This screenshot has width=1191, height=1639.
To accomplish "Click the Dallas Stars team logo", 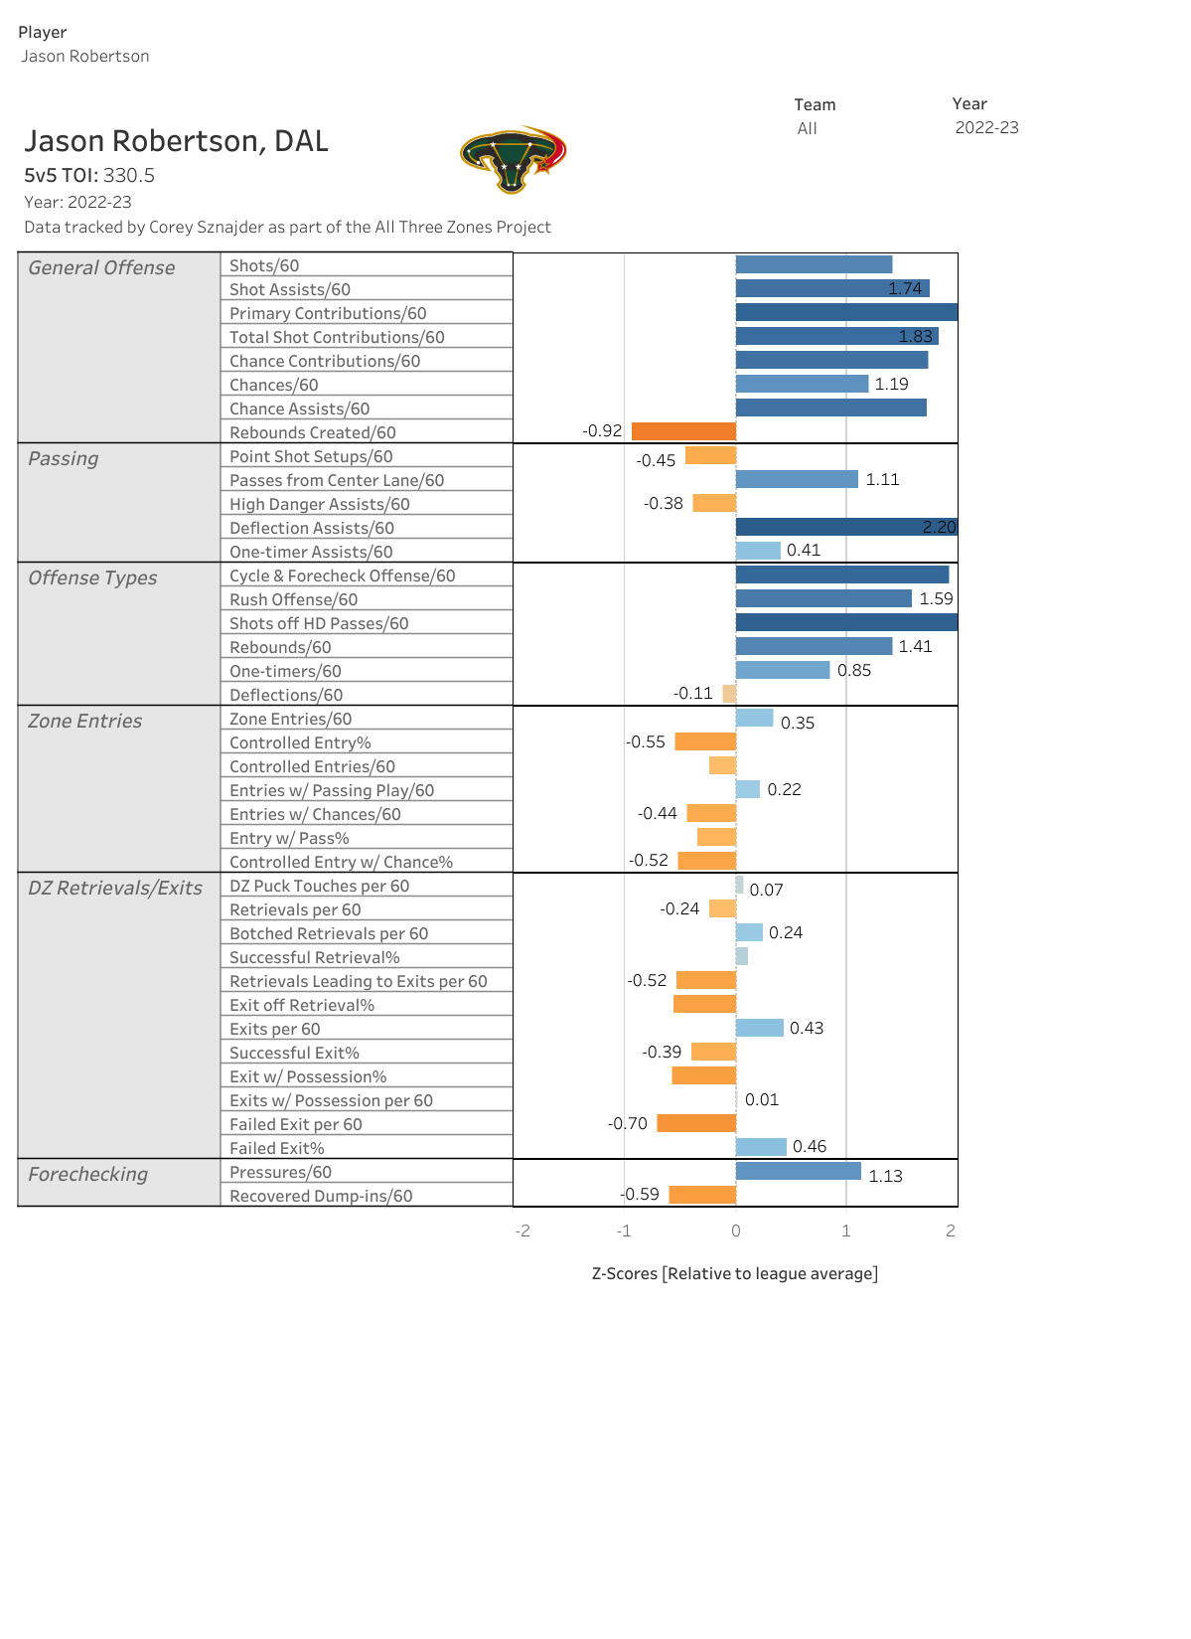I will pos(513,159).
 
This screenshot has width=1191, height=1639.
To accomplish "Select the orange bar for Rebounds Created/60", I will pos(683,431).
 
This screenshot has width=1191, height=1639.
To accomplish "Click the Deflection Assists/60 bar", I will pos(846,527).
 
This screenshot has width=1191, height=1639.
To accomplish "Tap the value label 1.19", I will pos(891,385).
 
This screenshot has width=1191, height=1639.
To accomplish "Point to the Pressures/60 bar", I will pos(798,1171).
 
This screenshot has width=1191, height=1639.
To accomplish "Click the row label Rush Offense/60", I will pos(293,599).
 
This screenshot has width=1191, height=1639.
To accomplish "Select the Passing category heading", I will pos(64,458).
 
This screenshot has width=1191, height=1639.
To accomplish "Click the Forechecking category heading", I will pos(87,1174).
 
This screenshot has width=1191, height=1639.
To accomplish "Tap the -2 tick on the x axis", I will pos(522,1230).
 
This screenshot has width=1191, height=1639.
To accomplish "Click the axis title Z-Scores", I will pos(734,1273).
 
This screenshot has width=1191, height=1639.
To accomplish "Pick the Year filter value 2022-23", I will pos(986,127).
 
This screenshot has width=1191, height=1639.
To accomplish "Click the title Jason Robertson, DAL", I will pos(176,141).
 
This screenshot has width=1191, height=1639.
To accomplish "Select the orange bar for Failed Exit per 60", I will pos(696,1123).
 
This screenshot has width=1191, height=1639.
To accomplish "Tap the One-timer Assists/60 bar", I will pos(758,551).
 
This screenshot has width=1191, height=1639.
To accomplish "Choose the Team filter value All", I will pos(807,128).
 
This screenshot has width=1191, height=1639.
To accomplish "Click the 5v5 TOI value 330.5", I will pos(129,176).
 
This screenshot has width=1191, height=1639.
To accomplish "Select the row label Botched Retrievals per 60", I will pos(328,933).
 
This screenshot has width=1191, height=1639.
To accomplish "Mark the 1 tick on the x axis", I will pos(846,1230).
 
